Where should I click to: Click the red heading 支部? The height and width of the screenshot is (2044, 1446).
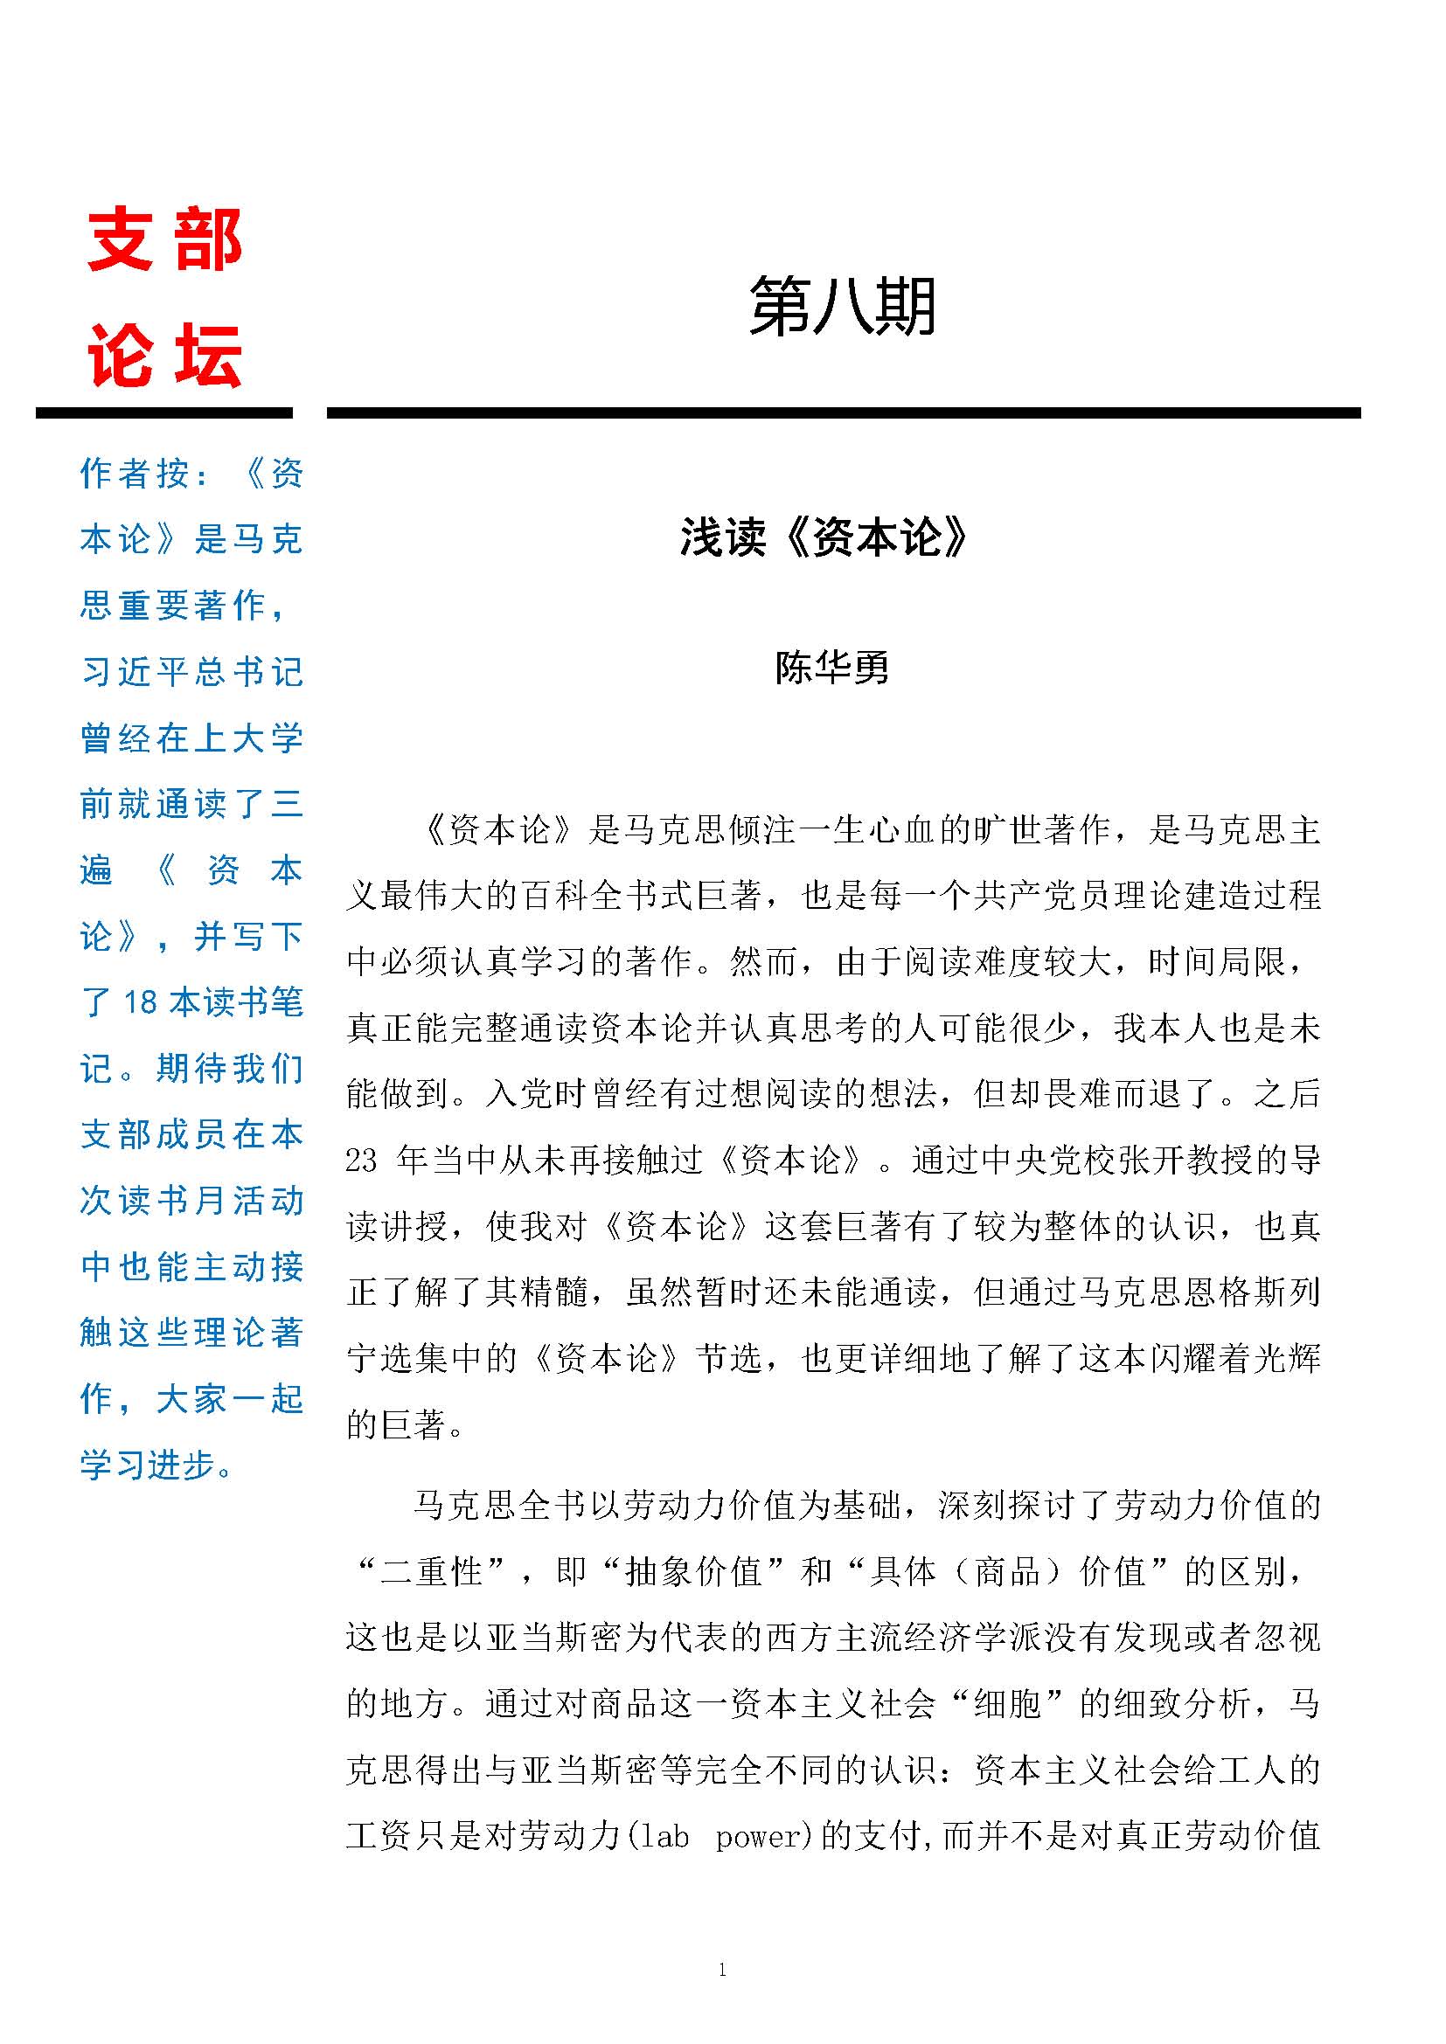[x=164, y=240]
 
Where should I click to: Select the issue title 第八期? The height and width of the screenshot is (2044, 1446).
[x=841, y=306]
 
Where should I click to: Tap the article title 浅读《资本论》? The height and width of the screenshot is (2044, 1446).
[x=824, y=537]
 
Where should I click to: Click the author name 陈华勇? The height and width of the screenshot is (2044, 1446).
[x=831, y=668]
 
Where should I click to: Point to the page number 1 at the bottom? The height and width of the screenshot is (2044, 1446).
[x=722, y=1970]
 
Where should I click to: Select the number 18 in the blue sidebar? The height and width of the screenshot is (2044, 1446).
[x=141, y=1002]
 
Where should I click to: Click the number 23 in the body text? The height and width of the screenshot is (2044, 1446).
[x=362, y=1161]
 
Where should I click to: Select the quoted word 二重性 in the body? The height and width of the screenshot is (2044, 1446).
[x=431, y=1571]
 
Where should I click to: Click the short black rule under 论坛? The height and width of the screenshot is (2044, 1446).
[x=163, y=413]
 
